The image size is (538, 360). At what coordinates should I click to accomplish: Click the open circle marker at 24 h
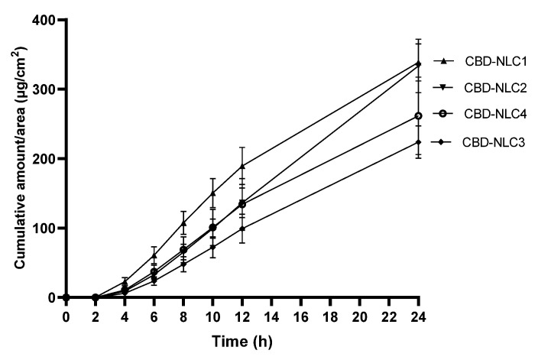click(x=418, y=116)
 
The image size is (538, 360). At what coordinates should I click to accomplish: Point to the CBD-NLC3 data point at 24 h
click(x=418, y=142)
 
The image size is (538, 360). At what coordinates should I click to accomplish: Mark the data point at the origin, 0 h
click(x=66, y=297)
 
